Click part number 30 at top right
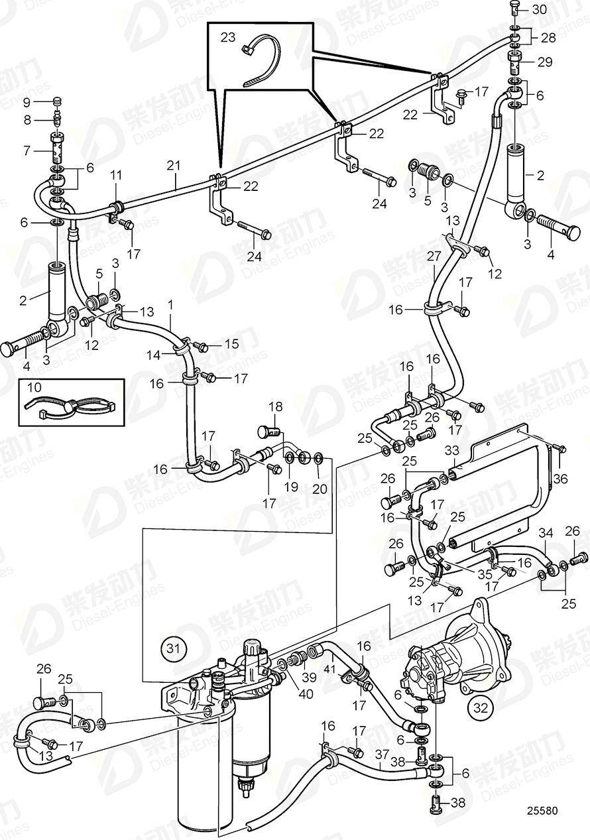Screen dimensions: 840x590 click(x=540, y=9)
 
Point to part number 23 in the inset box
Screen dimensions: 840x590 click(x=227, y=38)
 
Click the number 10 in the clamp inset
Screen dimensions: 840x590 click(x=32, y=386)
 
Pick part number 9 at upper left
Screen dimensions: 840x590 click(x=27, y=102)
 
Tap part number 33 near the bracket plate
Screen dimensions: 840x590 click(x=451, y=451)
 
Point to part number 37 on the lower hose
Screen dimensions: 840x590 click(x=382, y=754)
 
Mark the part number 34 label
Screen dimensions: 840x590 click(x=545, y=533)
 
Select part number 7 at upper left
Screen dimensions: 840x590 click(x=27, y=150)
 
